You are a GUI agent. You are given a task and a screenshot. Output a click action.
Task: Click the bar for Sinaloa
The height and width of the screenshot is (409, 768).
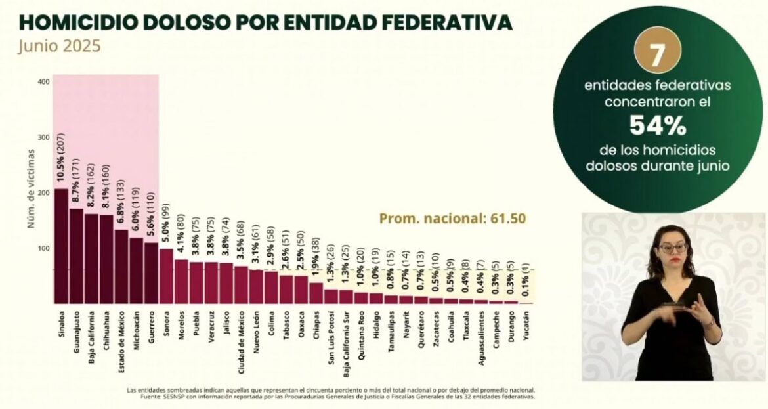[61, 246]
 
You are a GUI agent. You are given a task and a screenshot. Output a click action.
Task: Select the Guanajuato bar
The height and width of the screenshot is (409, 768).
[76, 256]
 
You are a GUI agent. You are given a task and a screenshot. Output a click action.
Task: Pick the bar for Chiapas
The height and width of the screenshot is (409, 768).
[316, 293]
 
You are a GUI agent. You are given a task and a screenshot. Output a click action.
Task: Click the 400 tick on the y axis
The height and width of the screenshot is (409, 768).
[43, 82]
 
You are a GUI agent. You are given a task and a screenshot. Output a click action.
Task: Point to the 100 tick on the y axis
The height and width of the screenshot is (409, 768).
[43, 249]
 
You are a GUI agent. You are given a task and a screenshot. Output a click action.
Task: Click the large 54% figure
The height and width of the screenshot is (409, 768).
[658, 125]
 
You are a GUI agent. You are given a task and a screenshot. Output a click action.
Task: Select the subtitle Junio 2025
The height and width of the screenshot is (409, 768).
[59, 47]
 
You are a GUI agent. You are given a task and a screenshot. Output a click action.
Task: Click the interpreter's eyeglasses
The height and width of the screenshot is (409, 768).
[672, 248]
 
